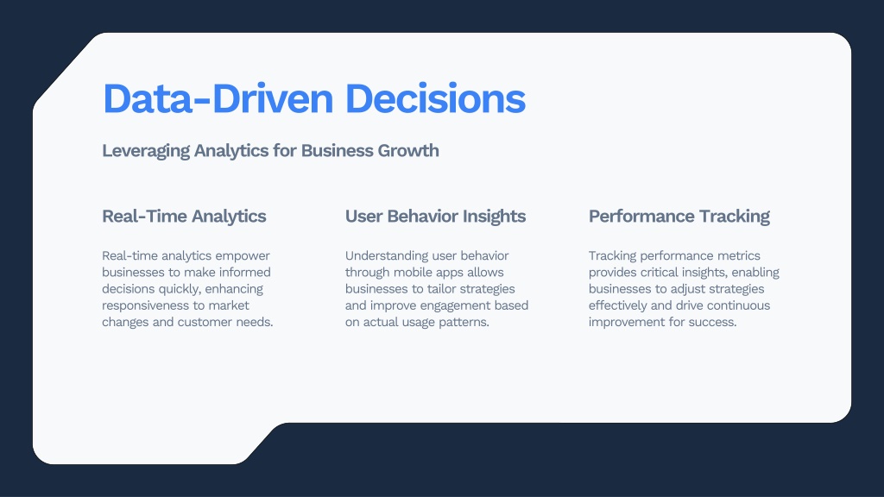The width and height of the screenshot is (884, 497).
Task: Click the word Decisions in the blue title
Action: point(435,98)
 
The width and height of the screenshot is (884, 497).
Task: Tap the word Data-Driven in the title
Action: point(218,98)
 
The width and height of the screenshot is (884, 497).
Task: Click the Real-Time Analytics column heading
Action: point(184,217)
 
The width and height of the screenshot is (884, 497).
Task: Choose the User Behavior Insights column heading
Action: point(435,217)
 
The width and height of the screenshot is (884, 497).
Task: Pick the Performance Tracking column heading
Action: point(679,217)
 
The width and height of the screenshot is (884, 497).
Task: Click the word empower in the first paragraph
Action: point(243,256)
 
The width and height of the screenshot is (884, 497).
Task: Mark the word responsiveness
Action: point(145,306)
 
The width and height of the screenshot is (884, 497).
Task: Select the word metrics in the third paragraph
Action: point(739,256)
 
